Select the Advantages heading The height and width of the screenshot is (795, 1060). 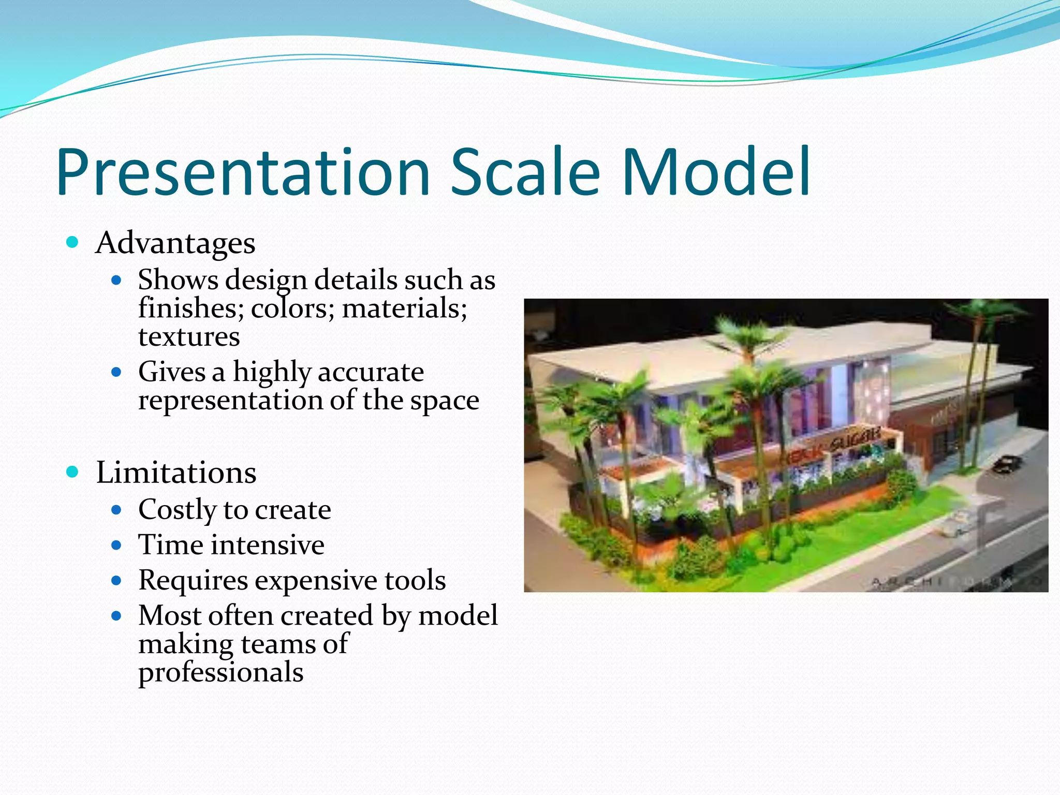click(x=175, y=243)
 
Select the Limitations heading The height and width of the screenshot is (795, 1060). click(x=176, y=473)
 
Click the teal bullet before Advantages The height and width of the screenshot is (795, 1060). click(x=72, y=242)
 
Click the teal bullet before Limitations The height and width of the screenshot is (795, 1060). click(x=72, y=472)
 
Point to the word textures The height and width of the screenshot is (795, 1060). click(x=189, y=337)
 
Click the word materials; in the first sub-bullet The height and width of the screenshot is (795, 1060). click(x=404, y=308)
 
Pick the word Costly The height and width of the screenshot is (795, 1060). click(x=176, y=510)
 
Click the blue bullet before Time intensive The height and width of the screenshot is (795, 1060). click(x=116, y=545)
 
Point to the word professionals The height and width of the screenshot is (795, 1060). click(x=221, y=672)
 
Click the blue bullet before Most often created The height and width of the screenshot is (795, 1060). click(x=116, y=616)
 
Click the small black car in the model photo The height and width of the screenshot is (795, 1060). click(x=1007, y=463)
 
